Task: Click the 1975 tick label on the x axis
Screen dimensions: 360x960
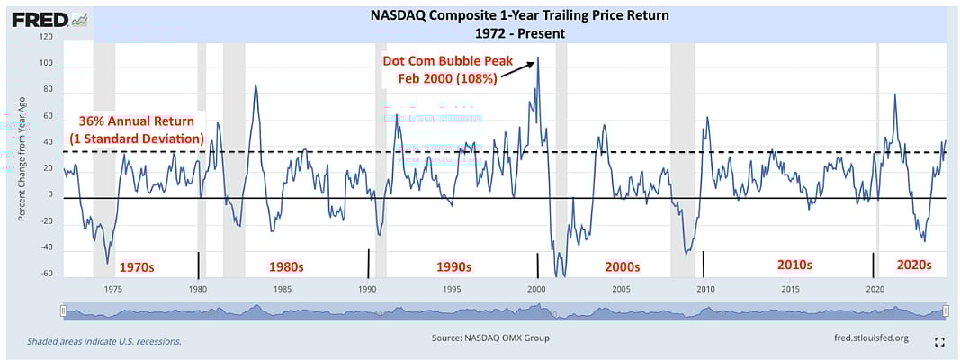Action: tap(113, 289)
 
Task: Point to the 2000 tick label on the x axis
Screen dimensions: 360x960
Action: tap(536, 289)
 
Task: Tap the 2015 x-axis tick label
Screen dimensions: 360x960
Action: tap(790, 289)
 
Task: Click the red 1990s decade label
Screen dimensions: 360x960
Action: tap(453, 267)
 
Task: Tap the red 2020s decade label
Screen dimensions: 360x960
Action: tap(914, 265)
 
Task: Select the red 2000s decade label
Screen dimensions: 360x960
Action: tap(622, 267)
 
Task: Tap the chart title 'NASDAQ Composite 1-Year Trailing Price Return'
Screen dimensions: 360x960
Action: tap(520, 16)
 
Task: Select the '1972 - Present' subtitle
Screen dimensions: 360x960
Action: tap(519, 33)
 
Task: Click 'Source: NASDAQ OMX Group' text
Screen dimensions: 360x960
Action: tap(490, 337)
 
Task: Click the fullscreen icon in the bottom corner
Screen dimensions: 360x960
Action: tap(939, 342)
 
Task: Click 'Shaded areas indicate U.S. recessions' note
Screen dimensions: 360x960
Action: tap(104, 341)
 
